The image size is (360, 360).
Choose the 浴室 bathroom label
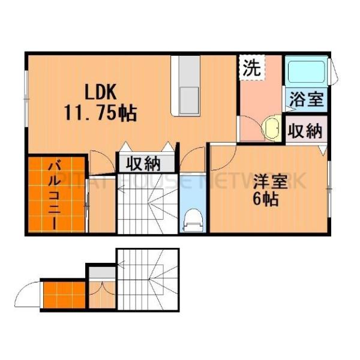click(x=306, y=100)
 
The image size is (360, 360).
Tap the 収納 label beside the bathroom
click(x=306, y=130)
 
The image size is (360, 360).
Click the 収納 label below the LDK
click(x=143, y=163)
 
